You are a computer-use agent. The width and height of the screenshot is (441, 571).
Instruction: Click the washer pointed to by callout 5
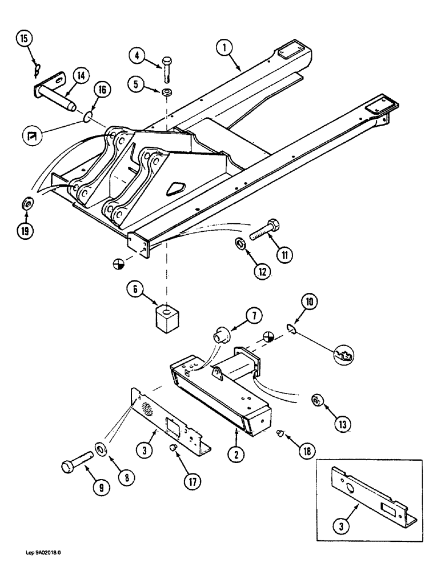(x=166, y=94)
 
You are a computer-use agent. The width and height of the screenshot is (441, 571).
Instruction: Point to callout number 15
(x=23, y=41)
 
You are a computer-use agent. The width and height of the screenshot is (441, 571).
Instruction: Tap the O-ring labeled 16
(x=86, y=117)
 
